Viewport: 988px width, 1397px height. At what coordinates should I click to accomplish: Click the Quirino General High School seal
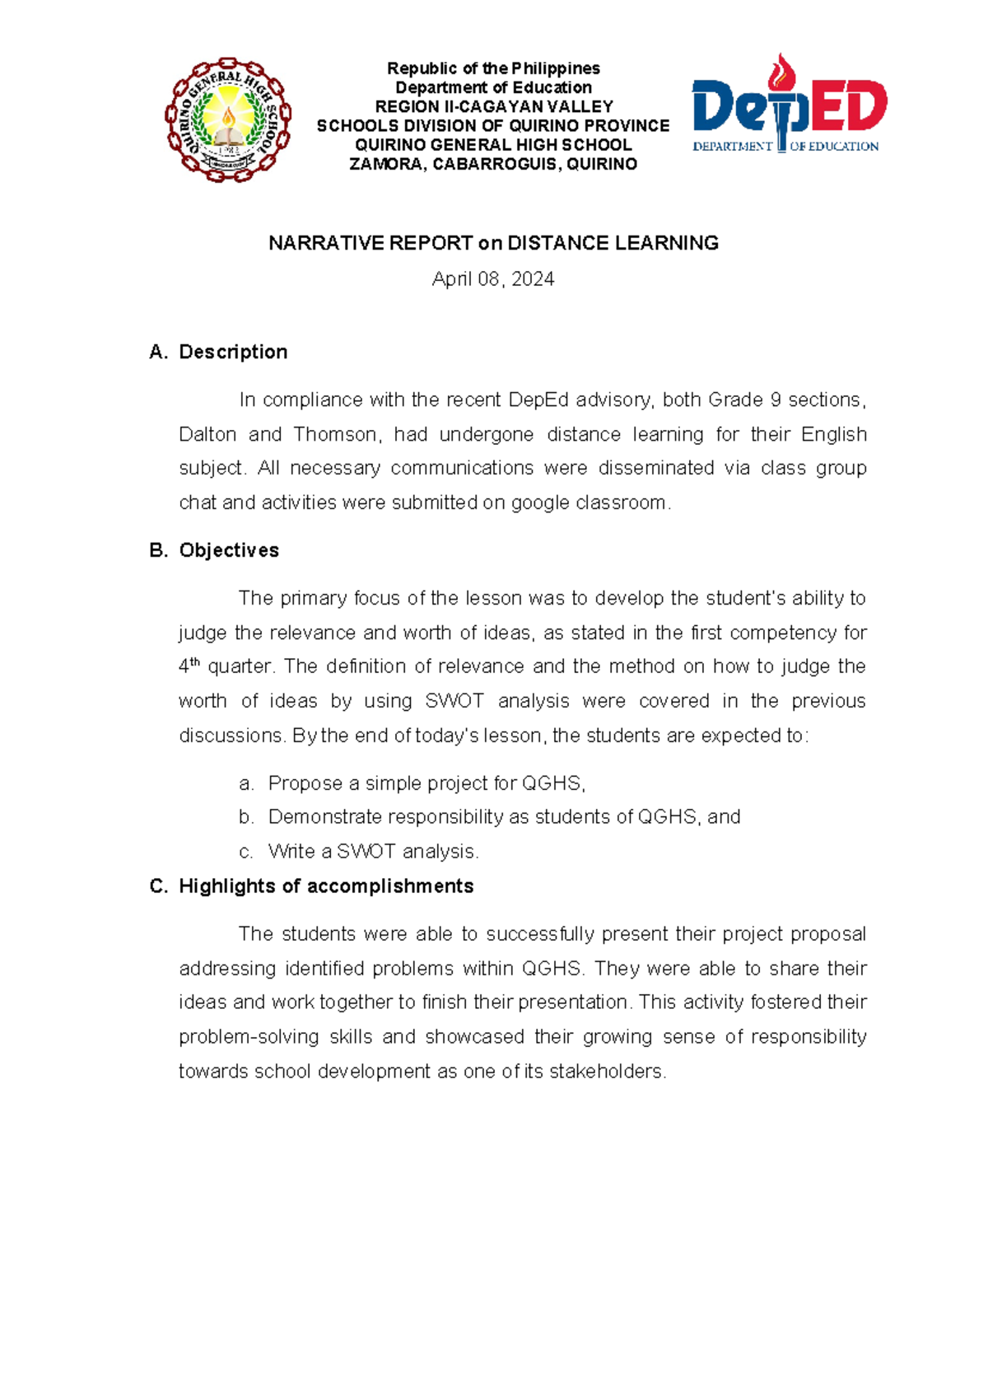pos(228,120)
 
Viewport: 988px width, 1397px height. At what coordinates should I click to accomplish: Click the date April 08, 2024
pos(493,279)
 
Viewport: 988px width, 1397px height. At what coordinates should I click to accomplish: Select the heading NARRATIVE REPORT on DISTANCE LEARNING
pos(493,243)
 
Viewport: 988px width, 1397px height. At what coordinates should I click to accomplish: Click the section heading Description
pos(233,352)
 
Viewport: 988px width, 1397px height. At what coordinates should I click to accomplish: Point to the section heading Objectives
pos(229,550)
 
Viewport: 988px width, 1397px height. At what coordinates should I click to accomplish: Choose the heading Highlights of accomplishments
pos(326,886)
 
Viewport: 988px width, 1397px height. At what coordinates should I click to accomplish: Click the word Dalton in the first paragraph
pos(207,434)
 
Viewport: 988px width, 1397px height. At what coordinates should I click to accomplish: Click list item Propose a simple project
pos(426,783)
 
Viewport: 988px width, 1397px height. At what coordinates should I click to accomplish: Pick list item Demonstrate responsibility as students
pos(504,817)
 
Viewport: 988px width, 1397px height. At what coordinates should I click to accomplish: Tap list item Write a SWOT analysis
pos(373,852)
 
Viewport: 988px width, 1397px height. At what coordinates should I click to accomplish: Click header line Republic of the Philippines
pos(493,68)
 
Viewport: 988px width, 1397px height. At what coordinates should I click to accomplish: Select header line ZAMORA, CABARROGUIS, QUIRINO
pos(493,164)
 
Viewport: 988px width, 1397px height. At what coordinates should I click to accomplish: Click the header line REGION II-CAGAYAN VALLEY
pos(493,106)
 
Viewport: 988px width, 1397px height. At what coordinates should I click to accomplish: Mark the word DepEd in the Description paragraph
pos(538,400)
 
